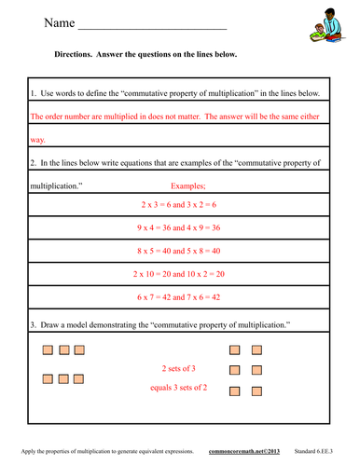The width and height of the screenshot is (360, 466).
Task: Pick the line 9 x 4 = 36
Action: [x=179, y=228]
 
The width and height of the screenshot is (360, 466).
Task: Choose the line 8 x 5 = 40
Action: [x=179, y=252]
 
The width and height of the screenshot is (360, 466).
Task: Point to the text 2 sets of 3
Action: [x=180, y=367]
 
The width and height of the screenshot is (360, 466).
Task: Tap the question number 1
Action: [x=34, y=94]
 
